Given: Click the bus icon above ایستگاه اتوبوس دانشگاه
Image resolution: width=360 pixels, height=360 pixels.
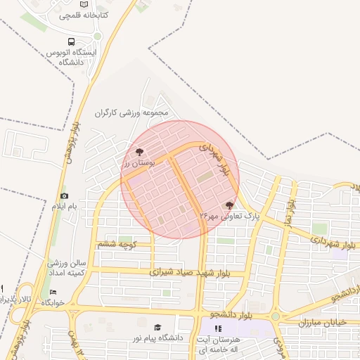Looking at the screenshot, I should [70, 42].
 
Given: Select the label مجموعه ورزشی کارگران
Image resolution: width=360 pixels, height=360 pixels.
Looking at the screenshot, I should [133, 112].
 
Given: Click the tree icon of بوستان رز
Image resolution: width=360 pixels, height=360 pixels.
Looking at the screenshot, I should [139, 151].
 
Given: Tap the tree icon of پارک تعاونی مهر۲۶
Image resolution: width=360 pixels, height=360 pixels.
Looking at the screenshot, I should [229, 205].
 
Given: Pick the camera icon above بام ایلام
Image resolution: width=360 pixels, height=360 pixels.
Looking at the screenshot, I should [65, 195].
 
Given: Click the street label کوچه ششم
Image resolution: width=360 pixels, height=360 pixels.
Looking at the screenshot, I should [116, 244].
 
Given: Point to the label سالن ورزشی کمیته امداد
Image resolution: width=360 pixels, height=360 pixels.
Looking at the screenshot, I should [67, 267].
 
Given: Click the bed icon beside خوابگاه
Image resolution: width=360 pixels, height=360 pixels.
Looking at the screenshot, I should [54, 292].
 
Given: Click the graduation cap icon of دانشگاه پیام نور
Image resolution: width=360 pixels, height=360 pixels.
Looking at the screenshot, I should [157, 328].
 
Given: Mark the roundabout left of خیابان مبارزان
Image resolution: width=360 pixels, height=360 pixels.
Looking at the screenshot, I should [276, 316].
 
